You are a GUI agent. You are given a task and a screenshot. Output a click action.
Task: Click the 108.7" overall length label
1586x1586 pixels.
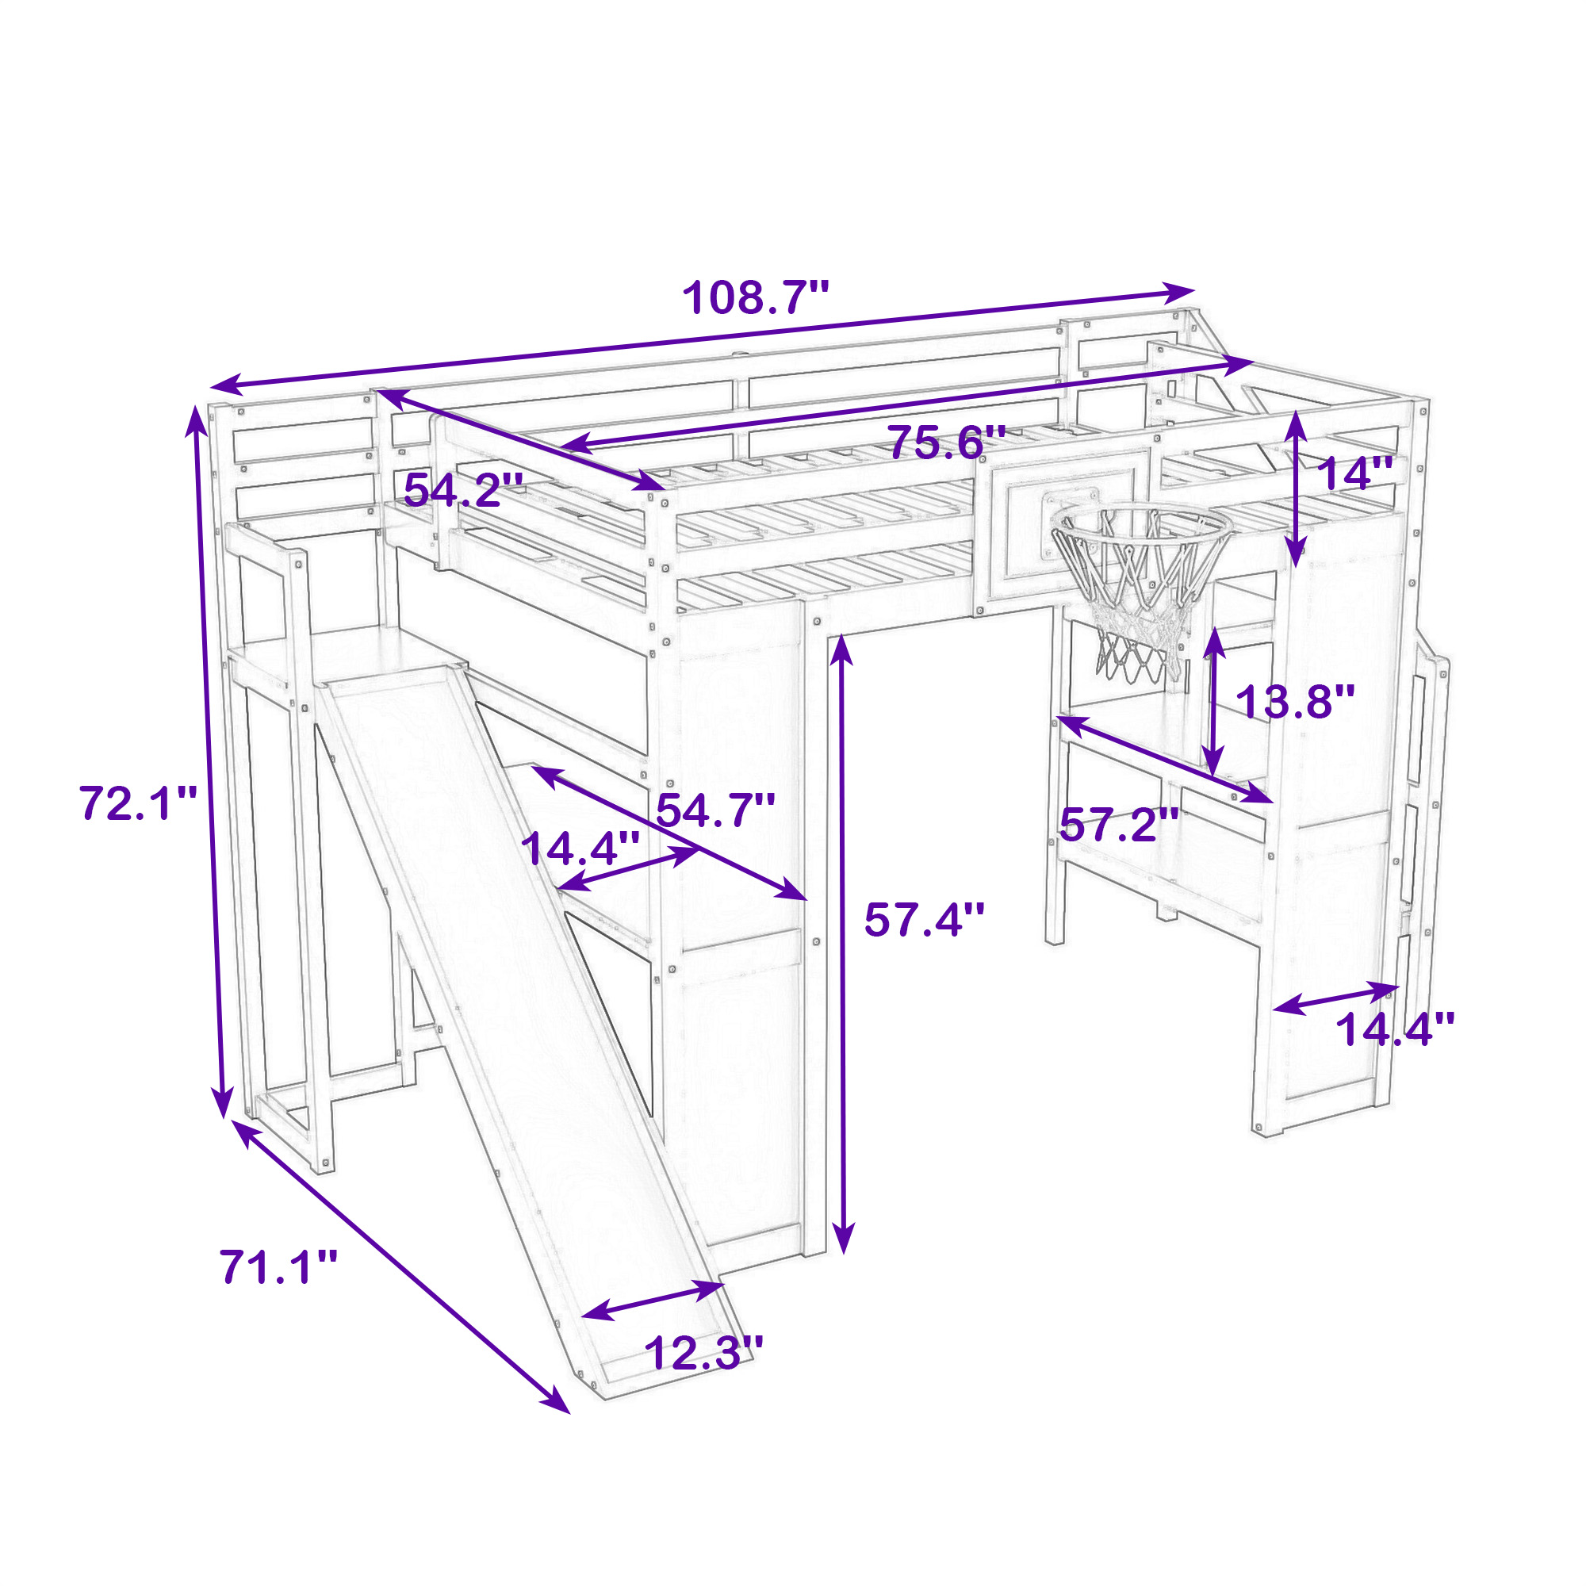(756, 297)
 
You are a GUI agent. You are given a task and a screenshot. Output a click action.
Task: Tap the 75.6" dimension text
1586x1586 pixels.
(948, 443)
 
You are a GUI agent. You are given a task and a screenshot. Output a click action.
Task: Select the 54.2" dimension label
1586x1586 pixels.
(463, 491)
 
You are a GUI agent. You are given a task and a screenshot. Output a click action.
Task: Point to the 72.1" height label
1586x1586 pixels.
(139, 803)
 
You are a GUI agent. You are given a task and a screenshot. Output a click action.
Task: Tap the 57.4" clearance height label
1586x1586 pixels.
(924, 919)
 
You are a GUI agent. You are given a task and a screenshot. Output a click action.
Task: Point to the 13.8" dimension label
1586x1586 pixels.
(1295, 702)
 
